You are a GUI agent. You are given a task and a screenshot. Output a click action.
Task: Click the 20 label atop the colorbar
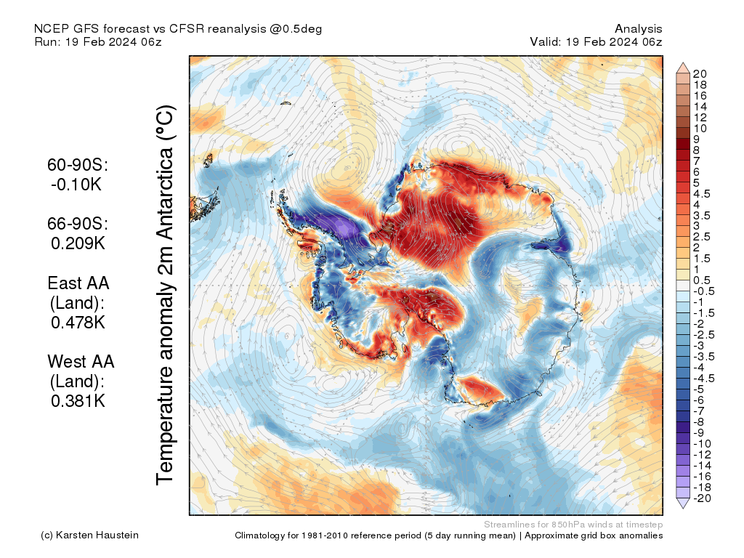click(700, 73)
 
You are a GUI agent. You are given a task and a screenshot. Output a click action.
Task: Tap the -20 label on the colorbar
click(701, 498)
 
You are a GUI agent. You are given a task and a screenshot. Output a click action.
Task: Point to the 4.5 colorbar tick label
click(702, 193)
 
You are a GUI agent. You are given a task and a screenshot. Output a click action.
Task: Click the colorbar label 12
click(700, 117)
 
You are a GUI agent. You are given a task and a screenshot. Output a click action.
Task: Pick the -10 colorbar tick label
click(701, 443)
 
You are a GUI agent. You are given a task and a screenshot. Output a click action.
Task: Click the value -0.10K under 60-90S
click(76, 185)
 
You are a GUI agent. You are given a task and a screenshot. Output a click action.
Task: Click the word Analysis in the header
click(638, 28)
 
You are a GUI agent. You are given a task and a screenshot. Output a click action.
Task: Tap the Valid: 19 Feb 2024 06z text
click(596, 41)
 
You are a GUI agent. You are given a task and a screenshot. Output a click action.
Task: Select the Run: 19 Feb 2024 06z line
click(98, 41)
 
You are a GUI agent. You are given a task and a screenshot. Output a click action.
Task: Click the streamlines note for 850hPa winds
click(573, 524)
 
